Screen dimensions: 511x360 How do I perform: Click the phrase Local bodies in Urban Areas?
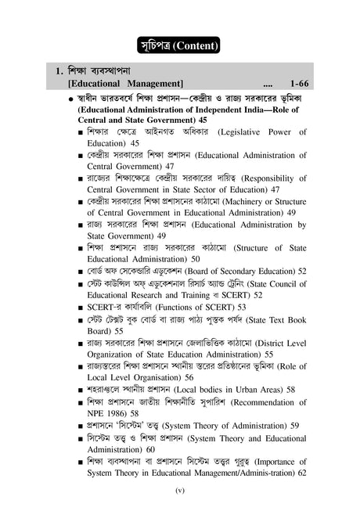(228, 389)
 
